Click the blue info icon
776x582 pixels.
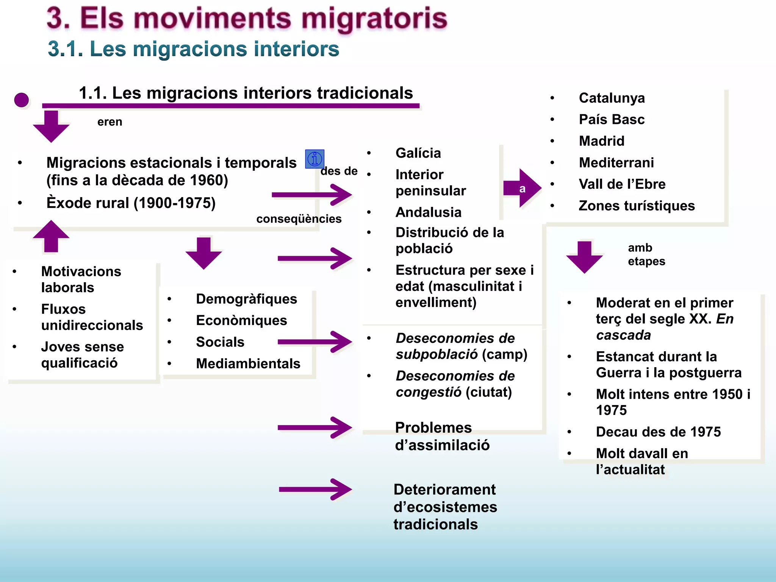pos(314,159)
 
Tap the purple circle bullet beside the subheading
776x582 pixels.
pos(22,100)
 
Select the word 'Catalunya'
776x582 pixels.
pos(612,98)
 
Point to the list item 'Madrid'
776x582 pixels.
pos(601,141)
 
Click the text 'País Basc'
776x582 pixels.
pos(612,120)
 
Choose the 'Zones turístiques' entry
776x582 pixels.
pos(637,206)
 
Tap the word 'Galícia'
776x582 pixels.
pos(418,153)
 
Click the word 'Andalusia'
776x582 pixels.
pos(428,212)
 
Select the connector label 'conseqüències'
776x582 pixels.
pos(299,219)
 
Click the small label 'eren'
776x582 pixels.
pos(110,122)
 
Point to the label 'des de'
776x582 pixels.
pos(339,171)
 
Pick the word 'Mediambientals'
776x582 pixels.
pos(248,363)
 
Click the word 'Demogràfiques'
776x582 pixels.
pos(246,299)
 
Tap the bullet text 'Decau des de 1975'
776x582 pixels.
pos(658,432)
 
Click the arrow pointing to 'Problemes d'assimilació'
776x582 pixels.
pos(314,427)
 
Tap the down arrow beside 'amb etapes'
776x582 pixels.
pos(584,257)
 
